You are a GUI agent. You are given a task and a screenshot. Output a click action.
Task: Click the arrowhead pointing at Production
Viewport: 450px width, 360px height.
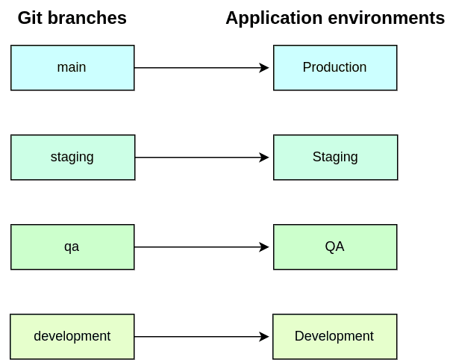(265, 68)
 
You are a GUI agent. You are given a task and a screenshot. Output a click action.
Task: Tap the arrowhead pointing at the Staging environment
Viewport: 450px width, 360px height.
(265, 158)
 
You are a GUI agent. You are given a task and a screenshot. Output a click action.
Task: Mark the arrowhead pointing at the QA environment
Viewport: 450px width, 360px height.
(265, 247)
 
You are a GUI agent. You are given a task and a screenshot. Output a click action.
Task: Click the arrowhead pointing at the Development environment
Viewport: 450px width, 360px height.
(265, 337)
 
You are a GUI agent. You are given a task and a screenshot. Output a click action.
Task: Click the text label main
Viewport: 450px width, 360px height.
(72, 67)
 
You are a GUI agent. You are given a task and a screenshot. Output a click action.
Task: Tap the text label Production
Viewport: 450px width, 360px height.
(334, 67)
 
